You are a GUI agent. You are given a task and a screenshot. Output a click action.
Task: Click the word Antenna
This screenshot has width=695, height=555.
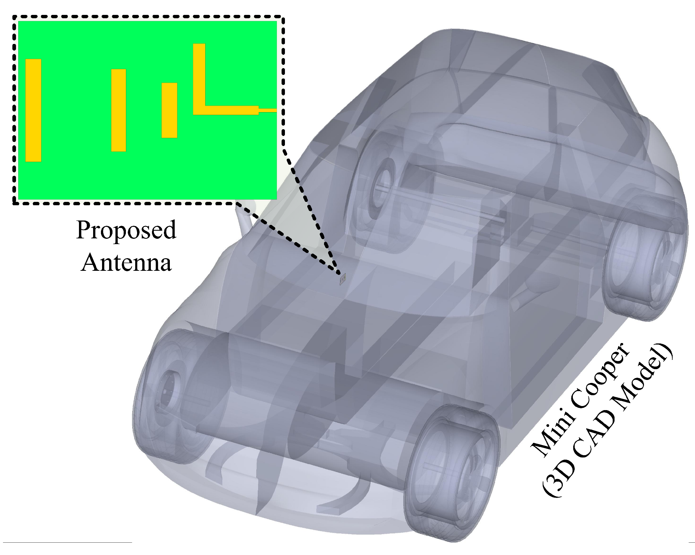(x=126, y=263)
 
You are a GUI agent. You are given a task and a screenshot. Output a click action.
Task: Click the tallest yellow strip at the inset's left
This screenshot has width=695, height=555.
(x=33, y=110)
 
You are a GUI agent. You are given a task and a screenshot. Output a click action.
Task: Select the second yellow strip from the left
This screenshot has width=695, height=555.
(x=118, y=110)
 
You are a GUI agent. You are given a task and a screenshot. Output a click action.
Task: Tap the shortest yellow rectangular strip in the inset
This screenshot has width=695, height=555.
(x=169, y=110)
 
